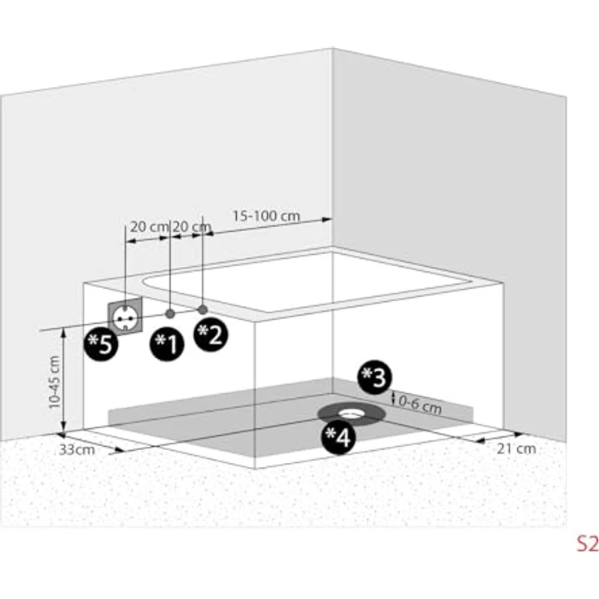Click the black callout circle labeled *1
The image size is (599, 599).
tap(167, 343)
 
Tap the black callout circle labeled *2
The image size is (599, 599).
tap(211, 334)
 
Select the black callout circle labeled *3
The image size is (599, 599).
tap(374, 377)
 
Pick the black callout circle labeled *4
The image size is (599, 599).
tap(339, 437)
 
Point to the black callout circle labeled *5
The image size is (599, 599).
tap(101, 343)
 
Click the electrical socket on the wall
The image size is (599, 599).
tap(125, 317)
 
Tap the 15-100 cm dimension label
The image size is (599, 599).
tap(266, 216)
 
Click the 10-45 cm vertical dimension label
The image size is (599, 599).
tap(55, 382)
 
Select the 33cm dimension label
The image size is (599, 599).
tap(77, 449)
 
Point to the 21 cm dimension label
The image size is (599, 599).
tap(517, 448)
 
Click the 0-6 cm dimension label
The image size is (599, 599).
tap(420, 404)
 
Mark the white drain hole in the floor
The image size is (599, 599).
tap(350, 413)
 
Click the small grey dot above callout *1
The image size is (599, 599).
tap(170, 313)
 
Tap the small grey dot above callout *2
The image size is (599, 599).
tap(203, 309)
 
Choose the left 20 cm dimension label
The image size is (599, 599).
tap(149, 227)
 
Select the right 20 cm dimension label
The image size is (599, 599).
tap(191, 227)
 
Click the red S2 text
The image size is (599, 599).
tap(587, 543)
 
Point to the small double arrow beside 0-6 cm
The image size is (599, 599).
tap(393, 398)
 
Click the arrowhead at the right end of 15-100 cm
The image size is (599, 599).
tap(326, 219)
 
